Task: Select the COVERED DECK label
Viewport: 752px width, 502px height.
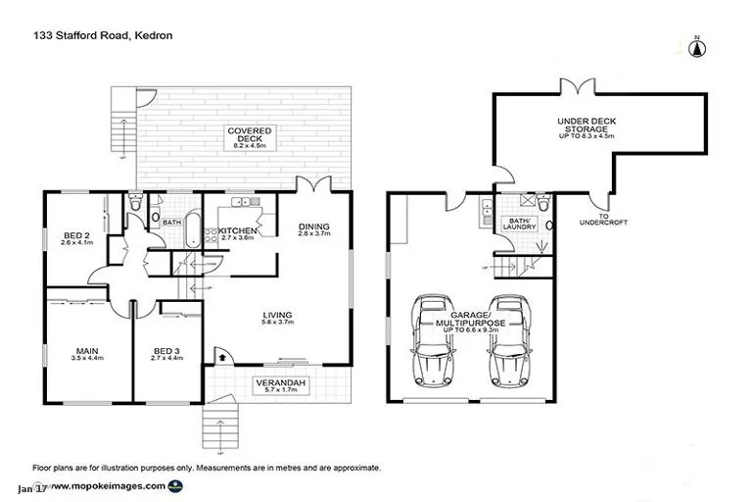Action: pos(249,137)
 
